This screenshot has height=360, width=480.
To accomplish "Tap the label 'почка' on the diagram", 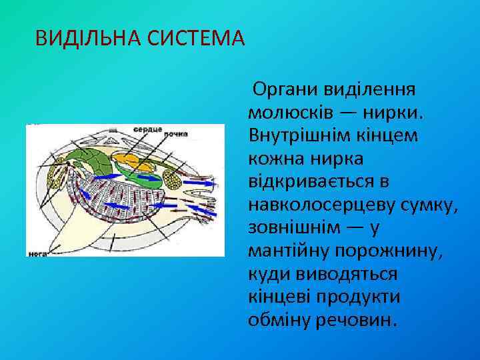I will coord(176,133).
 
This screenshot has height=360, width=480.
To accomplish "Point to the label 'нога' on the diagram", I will coord(36,253).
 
